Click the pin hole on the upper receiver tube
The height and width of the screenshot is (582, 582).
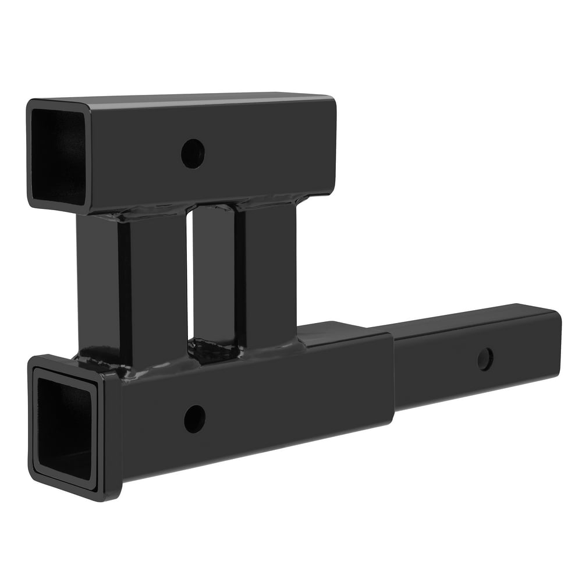(193, 154)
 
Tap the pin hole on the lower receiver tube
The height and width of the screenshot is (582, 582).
(194, 418)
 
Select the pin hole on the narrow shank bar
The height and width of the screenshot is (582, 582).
(485, 359)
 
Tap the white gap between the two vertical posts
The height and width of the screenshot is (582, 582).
(190, 274)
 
